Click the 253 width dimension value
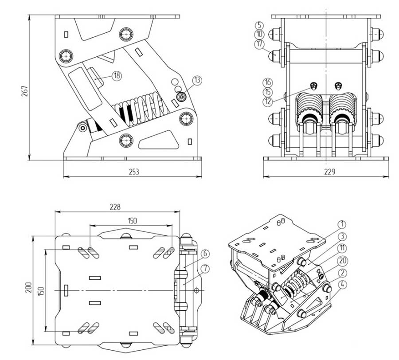(133, 172)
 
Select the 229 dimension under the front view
(327, 172)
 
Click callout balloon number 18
(116, 76)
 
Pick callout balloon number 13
(197, 80)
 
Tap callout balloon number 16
(267, 82)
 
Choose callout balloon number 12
(267, 102)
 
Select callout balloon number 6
(204, 254)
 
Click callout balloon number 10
(259, 34)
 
